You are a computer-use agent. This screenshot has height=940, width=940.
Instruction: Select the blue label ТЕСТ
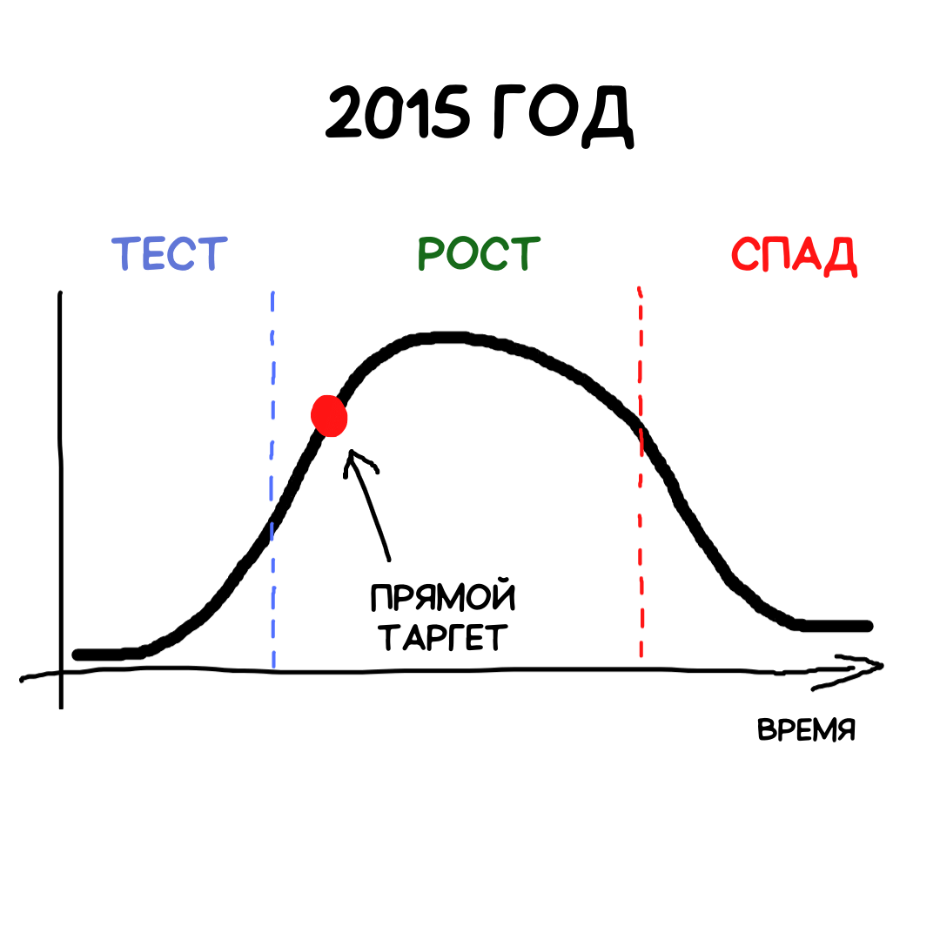click(170, 254)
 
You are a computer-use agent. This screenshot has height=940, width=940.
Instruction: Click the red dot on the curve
click(330, 416)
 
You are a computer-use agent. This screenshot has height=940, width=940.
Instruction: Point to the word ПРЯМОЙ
click(442, 600)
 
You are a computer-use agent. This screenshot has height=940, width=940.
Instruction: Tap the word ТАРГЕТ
click(441, 638)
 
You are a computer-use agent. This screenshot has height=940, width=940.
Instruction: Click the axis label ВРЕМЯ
click(806, 729)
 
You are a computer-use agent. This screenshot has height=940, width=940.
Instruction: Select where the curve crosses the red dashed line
click(641, 428)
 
